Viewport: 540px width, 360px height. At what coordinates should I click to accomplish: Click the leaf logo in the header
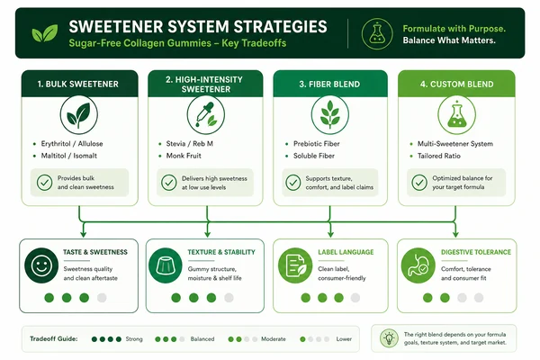pyautogui.click(x=45, y=33)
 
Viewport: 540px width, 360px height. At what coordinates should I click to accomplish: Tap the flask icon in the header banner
pyautogui.click(x=377, y=34)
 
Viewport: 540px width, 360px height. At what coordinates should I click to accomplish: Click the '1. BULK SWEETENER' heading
pyautogui.click(x=77, y=84)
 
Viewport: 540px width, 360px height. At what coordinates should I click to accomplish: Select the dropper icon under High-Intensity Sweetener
pyautogui.click(x=205, y=114)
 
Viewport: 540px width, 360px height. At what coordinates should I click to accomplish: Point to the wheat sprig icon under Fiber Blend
pyautogui.click(x=330, y=114)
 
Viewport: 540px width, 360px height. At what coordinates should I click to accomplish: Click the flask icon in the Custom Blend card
pyautogui.click(x=456, y=114)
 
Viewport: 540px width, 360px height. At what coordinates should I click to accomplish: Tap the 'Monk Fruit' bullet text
pyautogui.click(x=184, y=156)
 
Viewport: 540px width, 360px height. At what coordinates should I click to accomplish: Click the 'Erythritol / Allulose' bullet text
pyautogui.click(x=72, y=144)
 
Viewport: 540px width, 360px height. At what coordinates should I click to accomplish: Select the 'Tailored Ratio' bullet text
pyautogui.click(x=439, y=156)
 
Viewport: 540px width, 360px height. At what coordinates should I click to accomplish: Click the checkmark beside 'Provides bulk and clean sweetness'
pyautogui.click(x=45, y=183)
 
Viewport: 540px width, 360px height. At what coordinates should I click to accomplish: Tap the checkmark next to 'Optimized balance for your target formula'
pyautogui.click(x=419, y=183)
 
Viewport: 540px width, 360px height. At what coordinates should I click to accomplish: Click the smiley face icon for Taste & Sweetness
pyautogui.click(x=41, y=265)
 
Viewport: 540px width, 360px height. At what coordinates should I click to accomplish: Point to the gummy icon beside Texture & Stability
pyautogui.click(x=166, y=265)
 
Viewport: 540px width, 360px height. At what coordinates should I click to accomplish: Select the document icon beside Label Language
pyautogui.click(x=295, y=265)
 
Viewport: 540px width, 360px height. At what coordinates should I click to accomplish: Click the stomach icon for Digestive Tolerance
pyautogui.click(x=418, y=265)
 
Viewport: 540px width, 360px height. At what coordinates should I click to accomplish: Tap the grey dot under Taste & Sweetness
pyautogui.click(x=102, y=298)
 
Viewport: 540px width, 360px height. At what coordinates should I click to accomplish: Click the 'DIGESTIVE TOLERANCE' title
pyautogui.click(x=476, y=252)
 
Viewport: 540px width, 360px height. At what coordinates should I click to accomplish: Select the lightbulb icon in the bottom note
pyautogui.click(x=389, y=338)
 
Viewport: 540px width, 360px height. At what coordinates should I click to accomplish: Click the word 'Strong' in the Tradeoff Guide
pyautogui.click(x=134, y=339)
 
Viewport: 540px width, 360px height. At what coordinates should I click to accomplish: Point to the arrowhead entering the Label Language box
pyautogui.click(x=330, y=234)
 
